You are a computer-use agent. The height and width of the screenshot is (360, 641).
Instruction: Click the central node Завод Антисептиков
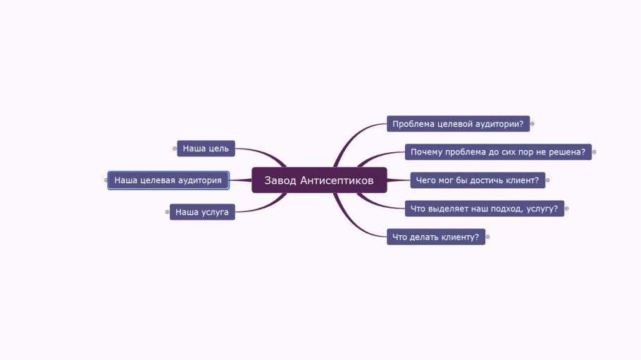319,180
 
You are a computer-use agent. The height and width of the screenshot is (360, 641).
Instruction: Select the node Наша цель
206,149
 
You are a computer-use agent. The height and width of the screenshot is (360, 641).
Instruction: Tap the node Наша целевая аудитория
168,180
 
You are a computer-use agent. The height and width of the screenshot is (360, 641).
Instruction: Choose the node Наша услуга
202,211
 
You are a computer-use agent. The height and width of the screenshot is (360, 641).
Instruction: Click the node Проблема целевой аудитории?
458,124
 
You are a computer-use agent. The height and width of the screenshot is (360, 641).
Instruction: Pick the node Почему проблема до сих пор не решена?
498,152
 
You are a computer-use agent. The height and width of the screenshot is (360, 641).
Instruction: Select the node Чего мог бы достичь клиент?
477,180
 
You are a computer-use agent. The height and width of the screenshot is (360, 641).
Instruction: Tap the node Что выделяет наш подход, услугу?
485,209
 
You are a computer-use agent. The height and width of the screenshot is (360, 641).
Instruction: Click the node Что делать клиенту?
436,237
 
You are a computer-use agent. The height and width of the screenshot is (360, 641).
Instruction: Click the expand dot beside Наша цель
175,149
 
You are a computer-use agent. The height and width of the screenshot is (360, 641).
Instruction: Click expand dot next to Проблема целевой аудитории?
532,124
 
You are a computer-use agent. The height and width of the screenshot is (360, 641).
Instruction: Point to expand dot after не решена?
594,152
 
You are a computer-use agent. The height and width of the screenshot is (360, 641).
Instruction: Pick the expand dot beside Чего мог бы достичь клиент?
547,180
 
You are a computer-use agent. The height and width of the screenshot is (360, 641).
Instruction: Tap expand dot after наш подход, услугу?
566,209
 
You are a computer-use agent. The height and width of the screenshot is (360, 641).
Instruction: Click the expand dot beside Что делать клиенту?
487,237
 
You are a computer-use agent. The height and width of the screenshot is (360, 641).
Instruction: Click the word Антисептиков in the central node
337,180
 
